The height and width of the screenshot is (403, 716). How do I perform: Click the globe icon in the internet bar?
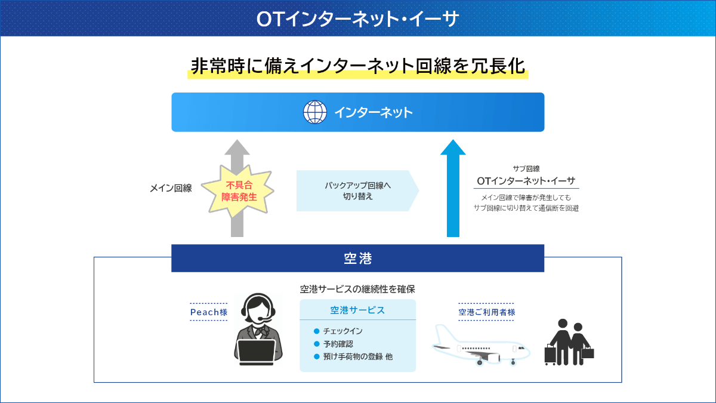point(315,112)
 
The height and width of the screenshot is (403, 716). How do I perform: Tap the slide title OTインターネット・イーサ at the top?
point(357,19)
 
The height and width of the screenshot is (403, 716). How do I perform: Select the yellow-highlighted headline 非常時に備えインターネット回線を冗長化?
point(357,66)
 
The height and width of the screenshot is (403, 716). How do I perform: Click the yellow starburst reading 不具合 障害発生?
point(238,190)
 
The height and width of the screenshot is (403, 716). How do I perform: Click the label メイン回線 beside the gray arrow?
point(171,188)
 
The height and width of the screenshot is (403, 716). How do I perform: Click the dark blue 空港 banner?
point(357,259)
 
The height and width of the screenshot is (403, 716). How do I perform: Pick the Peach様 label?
point(209,312)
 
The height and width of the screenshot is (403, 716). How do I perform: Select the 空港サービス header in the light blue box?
point(357,310)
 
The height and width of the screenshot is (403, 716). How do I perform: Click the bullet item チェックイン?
point(342,331)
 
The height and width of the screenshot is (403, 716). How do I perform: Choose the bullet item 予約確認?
point(338,344)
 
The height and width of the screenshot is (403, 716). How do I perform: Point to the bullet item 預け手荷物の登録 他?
point(357,357)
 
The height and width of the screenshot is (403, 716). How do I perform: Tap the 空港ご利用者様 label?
point(486,312)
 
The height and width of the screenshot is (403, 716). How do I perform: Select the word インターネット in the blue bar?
point(373,112)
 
